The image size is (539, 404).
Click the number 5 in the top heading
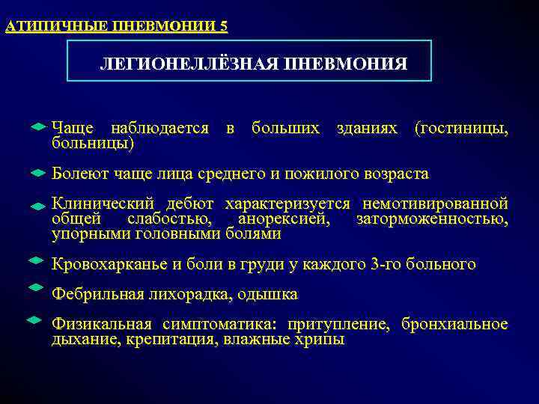(224, 27)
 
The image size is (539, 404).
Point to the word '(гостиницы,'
(461, 129)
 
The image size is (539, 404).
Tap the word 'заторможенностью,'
(432, 219)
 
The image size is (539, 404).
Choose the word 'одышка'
(269, 294)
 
